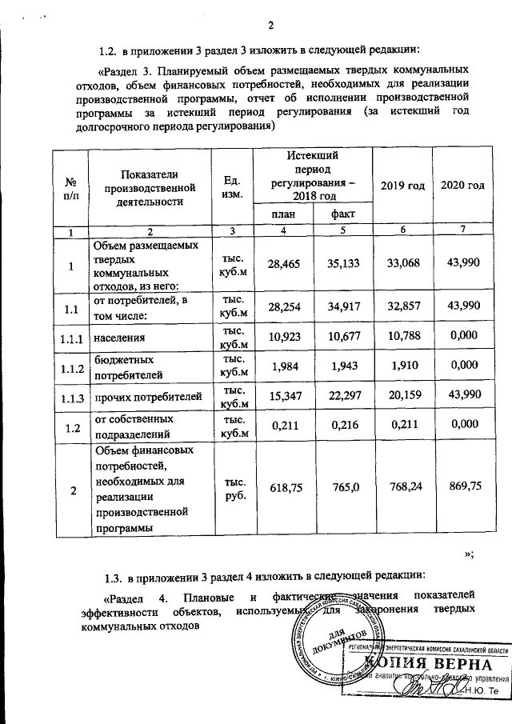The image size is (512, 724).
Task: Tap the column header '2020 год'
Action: coord(462,186)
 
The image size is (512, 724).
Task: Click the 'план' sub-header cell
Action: coord(282,214)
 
